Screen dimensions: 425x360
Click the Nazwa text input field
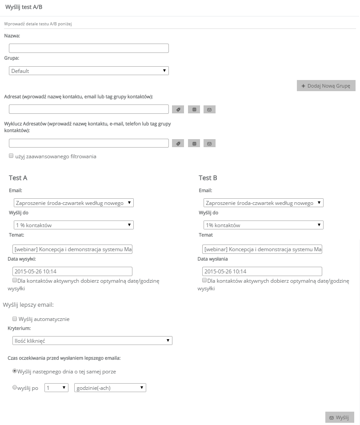[x=89, y=48]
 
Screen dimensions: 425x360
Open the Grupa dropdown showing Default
[x=89, y=71]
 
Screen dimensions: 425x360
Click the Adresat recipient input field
[x=89, y=109]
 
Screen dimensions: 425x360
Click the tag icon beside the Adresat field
[x=177, y=109]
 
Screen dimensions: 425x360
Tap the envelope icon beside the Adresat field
[x=209, y=109]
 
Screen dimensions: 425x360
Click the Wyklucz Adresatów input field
[x=89, y=143]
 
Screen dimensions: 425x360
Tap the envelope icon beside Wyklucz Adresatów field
[x=209, y=143]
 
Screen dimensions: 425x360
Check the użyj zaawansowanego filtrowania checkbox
[x=11, y=156]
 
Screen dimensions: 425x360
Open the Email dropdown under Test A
[x=73, y=203]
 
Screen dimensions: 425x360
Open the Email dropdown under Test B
[x=263, y=203]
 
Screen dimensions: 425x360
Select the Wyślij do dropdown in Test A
[x=73, y=225]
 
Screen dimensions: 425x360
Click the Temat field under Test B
[x=262, y=249]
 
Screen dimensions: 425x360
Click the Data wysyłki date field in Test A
[x=72, y=271]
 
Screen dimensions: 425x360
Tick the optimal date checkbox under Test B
[x=204, y=281]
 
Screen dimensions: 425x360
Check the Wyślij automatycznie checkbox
[x=15, y=319]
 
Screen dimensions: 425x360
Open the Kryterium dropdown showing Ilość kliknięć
[x=92, y=341]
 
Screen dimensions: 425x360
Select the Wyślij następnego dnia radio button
[x=15, y=371]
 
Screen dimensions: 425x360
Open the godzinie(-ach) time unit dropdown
[x=110, y=388]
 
